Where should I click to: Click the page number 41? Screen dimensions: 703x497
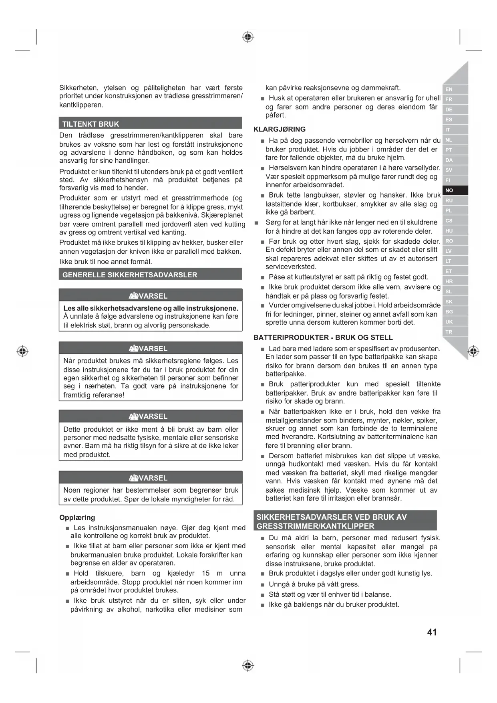[x=432, y=632]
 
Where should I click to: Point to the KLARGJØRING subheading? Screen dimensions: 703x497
[x=280, y=129]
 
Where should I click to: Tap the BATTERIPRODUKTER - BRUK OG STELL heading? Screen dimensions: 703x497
[x=323, y=337]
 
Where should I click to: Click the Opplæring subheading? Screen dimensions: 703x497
[x=77, y=517]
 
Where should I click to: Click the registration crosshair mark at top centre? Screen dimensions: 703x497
[x=248, y=37]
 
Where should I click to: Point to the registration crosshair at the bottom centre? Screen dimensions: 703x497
[x=248, y=666]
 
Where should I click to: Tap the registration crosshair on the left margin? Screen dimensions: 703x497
[x=22, y=351]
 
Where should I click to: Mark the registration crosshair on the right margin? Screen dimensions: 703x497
[x=473, y=351]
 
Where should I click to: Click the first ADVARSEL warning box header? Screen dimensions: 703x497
[x=151, y=296]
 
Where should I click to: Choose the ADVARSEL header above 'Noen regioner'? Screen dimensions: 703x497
[x=151, y=478]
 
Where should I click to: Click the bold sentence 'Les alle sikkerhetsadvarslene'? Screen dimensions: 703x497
[x=151, y=308]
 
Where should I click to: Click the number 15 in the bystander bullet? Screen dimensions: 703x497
[x=206, y=573]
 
